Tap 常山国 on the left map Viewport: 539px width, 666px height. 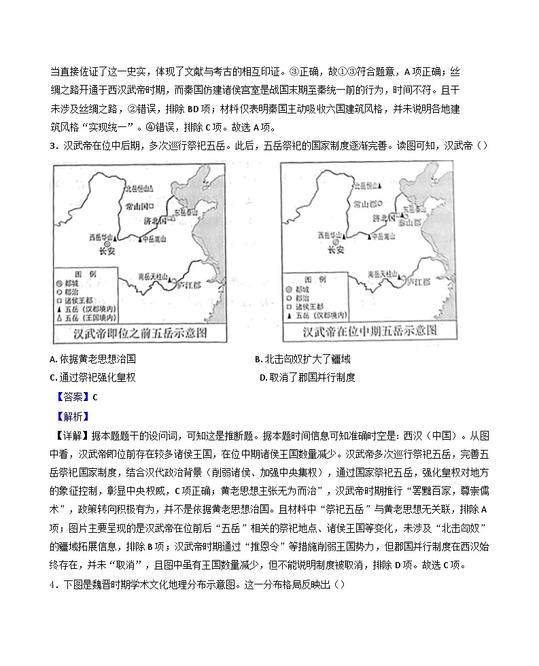(138, 205)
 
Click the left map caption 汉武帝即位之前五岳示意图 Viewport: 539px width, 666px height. (139, 333)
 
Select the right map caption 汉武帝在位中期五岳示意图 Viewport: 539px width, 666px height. (368, 332)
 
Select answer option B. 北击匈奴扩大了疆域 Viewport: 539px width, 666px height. (302, 360)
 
